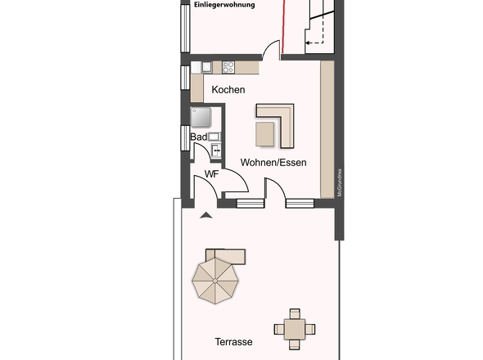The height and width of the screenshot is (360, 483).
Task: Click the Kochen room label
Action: click(228, 90)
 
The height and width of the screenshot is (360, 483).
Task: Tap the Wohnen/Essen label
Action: click(273, 163)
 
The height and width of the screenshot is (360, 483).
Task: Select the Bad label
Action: click(198, 137)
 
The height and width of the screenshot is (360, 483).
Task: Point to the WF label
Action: click(211, 174)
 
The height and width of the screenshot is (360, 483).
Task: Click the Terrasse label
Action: click(233, 341)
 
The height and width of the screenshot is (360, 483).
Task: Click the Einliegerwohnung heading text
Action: click(224, 5)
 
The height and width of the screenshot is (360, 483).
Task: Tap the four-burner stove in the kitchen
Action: click(228, 67)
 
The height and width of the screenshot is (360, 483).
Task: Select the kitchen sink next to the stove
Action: click(207, 67)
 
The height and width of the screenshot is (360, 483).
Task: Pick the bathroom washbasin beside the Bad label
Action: click(214, 137)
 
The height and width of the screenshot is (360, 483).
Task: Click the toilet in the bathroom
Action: click(216, 151)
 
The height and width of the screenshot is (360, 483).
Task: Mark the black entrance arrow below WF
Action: click(205, 214)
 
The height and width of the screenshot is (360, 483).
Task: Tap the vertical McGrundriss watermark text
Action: click(337, 180)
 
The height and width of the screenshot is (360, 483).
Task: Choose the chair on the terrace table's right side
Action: click(311, 329)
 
